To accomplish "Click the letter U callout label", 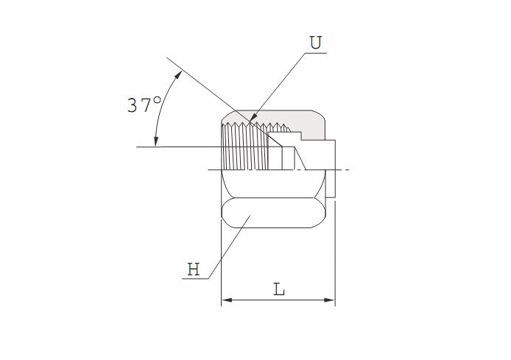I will point(315,43).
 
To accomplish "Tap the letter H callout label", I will point(193,269).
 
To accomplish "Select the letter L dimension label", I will point(279,289).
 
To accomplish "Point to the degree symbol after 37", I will point(158,100).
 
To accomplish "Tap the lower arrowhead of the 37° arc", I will point(155,141).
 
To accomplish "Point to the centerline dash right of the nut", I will point(344,170).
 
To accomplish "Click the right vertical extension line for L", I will point(335,258).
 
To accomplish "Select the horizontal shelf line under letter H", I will point(195,278).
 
